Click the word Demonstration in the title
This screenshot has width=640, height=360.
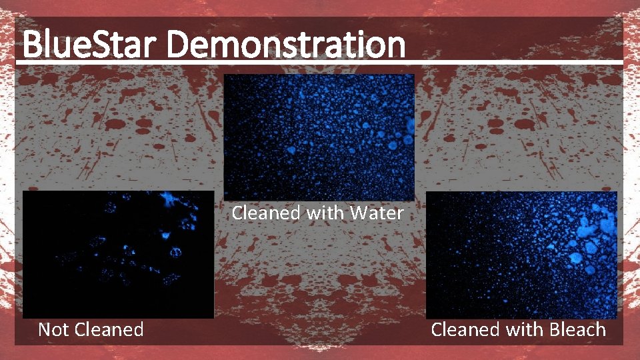point(286,45)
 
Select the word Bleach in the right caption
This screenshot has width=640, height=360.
point(577,329)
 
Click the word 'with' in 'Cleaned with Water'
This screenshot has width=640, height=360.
point(327,213)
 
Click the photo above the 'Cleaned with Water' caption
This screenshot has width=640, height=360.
point(319,137)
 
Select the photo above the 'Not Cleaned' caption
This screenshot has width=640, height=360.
point(118,254)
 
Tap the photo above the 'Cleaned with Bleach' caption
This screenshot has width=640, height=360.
point(521,255)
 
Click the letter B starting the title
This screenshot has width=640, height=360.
point(31,45)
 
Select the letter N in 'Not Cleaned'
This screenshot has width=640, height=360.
point(44,329)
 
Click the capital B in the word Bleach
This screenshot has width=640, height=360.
point(554,329)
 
